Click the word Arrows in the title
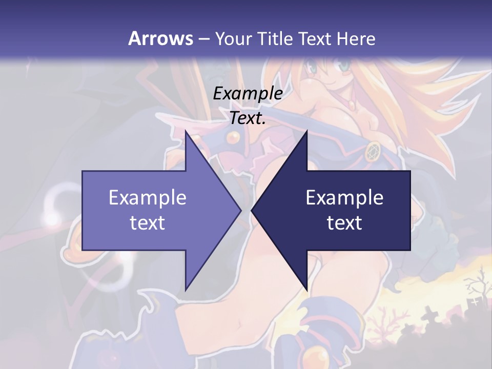(x=160, y=38)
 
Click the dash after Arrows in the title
(x=203, y=39)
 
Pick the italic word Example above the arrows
(x=248, y=93)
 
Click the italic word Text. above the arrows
(x=248, y=118)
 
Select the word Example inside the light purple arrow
(x=148, y=197)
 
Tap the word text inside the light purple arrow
(x=148, y=222)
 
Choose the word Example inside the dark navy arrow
(x=344, y=197)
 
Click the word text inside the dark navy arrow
(x=344, y=222)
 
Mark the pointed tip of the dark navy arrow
(x=252, y=210)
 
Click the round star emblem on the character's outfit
(x=373, y=151)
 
